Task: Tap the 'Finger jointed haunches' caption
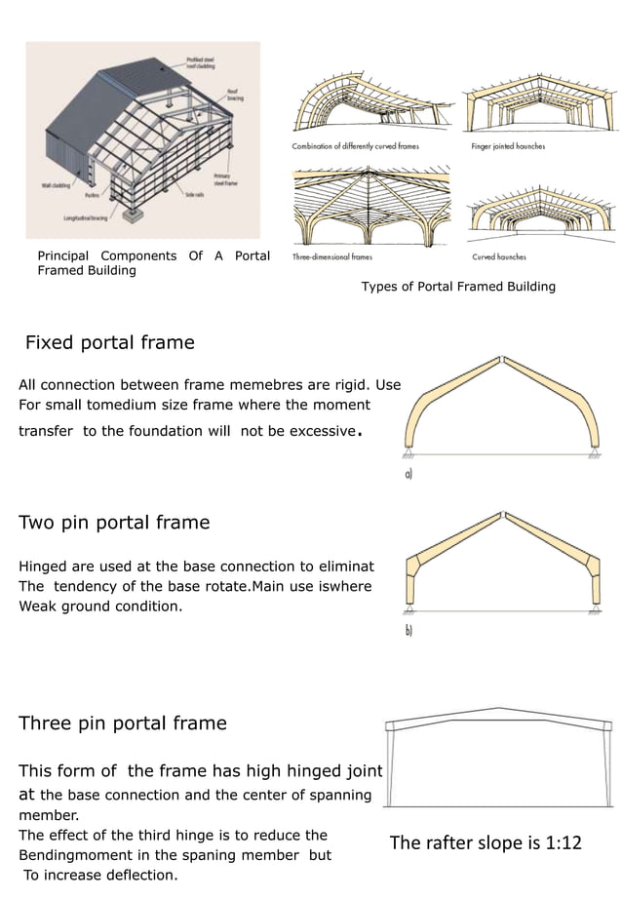click(508, 146)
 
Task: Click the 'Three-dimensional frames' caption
click(332, 256)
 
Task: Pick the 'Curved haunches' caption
click(499, 256)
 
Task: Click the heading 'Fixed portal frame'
click(109, 343)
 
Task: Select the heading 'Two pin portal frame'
click(114, 523)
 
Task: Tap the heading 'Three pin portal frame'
click(123, 723)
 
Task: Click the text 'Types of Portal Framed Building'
click(458, 287)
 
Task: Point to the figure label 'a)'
click(408, 475)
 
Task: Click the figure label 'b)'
click(408, 631)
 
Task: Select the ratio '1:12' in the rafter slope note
click(557, 842)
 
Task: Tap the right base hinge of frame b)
click(593, 608)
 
